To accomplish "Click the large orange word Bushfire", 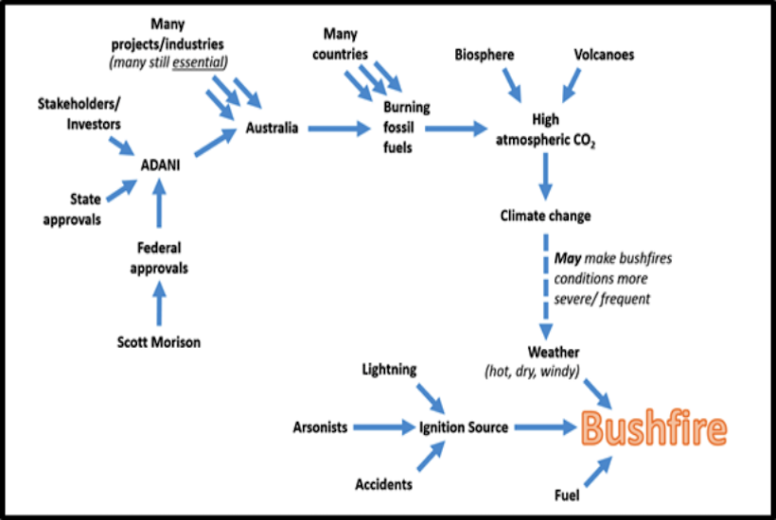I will pos(654,429).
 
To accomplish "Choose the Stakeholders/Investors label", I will pos(79,113).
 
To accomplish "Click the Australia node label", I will pos(273,128).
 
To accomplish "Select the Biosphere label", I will pos(484,55).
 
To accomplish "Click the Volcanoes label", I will pos(605,55).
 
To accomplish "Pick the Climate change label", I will pos(545,216).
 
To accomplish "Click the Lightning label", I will pos(388,370).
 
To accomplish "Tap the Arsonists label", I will pos(320,427).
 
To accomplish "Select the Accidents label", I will pos(383,484).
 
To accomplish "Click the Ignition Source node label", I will pos(464,427).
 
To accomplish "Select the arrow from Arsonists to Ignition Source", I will pos(383,427).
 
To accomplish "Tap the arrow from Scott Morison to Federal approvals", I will pos(158,305).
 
